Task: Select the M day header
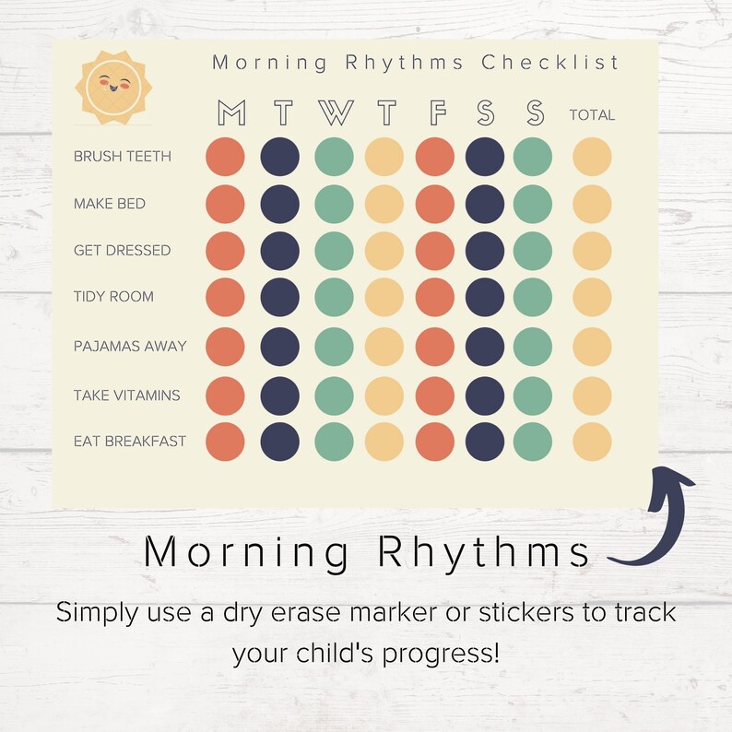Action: pos(231,113)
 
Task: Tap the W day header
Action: pos(336,113)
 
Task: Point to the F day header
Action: pos(437,113)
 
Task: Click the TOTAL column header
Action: pos(592,115)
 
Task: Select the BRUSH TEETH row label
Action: pos(123,157)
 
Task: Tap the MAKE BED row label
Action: pos(110,204)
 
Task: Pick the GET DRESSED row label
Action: pos(122,251)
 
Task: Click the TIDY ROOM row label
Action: pos(113,297)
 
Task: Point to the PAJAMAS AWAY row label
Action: pos(130,347)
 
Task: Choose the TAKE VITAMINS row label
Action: pos(127,396)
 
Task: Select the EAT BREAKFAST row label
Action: pos(130,442)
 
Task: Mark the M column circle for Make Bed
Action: pos(225,204)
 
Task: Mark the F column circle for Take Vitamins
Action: pos(435,396)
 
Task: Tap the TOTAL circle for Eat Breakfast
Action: pos(592,442)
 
